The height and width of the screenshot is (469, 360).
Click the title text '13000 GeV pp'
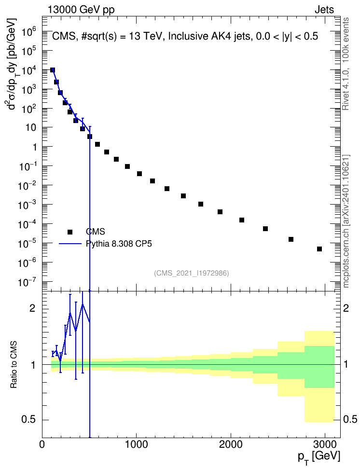pyautogui.click(x=81, y=10)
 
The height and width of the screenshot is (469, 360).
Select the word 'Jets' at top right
pyautogui.click(x=324, y=10)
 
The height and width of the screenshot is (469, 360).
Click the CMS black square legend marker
pyautogui.click(x=70, y=232)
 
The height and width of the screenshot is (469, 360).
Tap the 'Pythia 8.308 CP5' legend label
pyautogui.click(x=119, y=244)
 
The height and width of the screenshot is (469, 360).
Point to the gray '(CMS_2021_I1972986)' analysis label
pyautogui.click(x=192, y=273)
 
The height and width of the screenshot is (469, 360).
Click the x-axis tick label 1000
pyautogui.click(x=137, y=444)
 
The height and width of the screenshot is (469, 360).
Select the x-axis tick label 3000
pyautogui.click(x=325, y=444)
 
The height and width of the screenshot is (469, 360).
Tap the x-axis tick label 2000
pyautogui.click(x=231, y=444)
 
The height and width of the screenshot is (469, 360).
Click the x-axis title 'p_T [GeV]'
pyautogui.click(x=319, y=457)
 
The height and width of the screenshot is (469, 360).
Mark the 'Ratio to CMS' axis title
pyautogui.click(x=14, y=364)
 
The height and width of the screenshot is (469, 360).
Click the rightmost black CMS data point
pyautogui.click(x=319, y=249)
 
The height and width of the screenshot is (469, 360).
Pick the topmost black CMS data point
pyautogui.click(x=53, y=70)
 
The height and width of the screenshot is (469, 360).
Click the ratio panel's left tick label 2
pyautogui.click(x=32, y=308)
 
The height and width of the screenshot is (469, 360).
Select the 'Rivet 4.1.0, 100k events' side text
pyautogui.click(x=346, y=64)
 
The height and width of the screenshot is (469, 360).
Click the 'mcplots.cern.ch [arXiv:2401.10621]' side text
pyautogui.click(x=346, y=221)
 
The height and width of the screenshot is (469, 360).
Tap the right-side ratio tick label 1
pyautogui.click(x=346, y=364)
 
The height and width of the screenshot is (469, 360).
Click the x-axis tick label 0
pyautogui.click(x=42, y=444)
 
